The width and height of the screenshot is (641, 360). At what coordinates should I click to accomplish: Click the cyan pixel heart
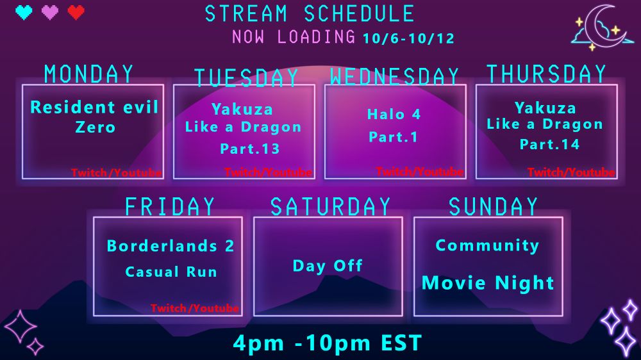(24, 12)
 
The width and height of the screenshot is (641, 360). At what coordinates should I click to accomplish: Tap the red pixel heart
(76, 12)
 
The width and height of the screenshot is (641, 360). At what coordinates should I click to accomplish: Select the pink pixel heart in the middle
(50, 12)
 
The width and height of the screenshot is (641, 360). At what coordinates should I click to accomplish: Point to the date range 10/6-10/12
(408, 38)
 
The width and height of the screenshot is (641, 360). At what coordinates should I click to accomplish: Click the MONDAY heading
(88, 74)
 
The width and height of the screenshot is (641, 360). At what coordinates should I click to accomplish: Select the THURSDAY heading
(546, 74)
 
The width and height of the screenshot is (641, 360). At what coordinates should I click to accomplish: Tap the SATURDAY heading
(330, 206)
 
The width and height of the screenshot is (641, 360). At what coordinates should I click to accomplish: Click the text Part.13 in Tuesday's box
(250, 149)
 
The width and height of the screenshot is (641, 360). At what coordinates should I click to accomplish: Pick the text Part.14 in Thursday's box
(549, 144)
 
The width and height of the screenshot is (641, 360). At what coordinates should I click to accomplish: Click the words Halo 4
(394, 114)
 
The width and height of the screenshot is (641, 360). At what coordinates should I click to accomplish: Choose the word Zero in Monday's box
(96, 127)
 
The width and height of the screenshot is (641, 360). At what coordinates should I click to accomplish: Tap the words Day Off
(328, 266)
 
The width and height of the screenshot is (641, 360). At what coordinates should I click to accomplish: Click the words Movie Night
(488, 282)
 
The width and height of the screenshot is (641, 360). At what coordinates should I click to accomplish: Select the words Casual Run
(171, 272)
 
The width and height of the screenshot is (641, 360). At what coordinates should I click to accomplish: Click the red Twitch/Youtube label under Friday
(195, 308)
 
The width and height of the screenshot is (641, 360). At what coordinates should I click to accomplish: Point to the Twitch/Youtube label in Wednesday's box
(419, 172)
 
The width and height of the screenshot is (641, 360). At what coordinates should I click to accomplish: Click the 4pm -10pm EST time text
(327, 343)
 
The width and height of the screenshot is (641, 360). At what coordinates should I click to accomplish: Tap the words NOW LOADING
(294, 37)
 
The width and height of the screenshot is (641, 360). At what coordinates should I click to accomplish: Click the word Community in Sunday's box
(487, 245)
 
